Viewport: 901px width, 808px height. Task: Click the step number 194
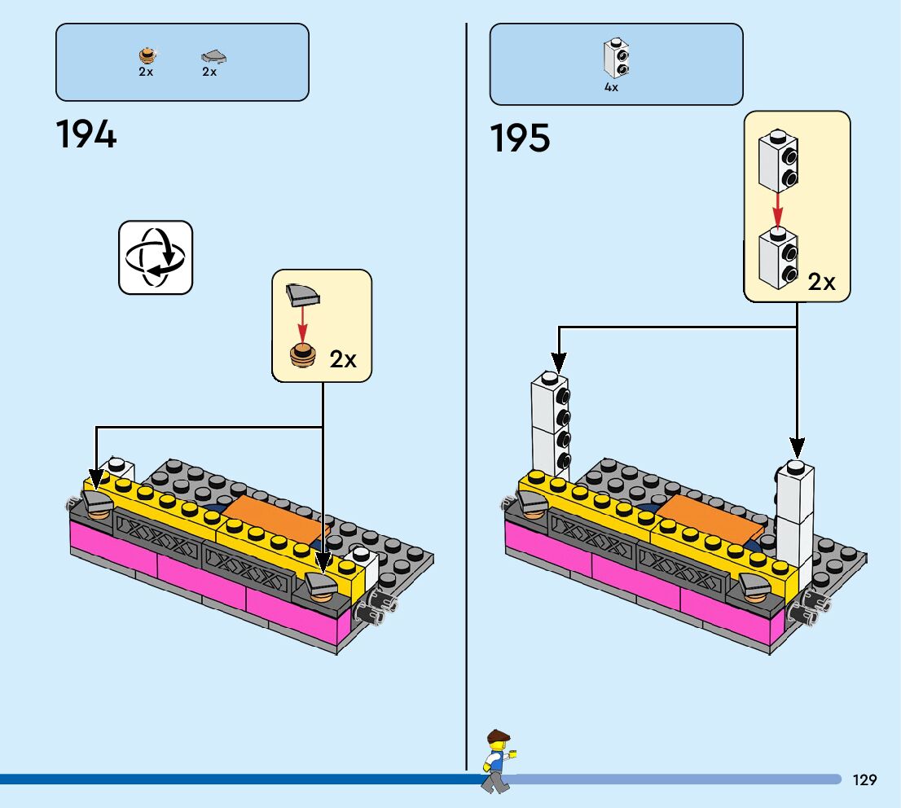pos(86,134)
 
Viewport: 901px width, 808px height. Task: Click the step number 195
pos(520,138)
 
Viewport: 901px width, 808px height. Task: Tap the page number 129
pos(865,779)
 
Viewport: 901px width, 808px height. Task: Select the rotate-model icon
pos(156,257)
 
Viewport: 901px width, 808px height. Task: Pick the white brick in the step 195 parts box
pos(617,58)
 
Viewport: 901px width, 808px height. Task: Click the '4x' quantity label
pos(611,87)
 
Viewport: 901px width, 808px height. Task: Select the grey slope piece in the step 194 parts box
pos(213,56)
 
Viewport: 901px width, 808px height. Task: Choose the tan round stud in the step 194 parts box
pos(146,55)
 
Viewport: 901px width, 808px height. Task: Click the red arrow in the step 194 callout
pos(302,325)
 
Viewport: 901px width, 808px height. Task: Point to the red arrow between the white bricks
pos(777,209)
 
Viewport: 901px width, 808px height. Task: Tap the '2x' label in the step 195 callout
pos(821,282)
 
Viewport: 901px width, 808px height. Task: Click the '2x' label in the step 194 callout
pos(343,359)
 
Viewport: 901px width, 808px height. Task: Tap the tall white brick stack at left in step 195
pos(550,425)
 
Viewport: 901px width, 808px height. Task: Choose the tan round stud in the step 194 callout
pos(302,357)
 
